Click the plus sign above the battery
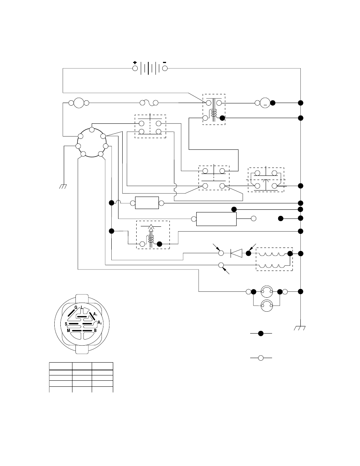(x=135, y=63)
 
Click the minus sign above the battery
(x=165, y=62)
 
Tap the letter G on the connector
(x=76, y=308)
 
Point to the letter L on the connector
(x=82, y=307)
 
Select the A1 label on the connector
(x=95, y=314)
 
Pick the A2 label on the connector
(x=100, y=322)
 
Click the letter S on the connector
(x=66, y=324)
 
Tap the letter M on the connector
(x=68, y=331)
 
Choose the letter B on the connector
(x=95, y=331)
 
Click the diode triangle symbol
(x=236, y=253)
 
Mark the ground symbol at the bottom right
(x=300, y=328)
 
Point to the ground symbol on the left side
(x=63, y=186)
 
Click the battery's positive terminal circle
(x=135, y=68)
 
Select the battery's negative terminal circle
(x=165, y=68)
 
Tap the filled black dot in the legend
(x=261, y=334)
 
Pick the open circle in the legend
(x=261, y=358)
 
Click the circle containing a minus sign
(x=265, y=103)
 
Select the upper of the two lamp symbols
(x=267, y=292)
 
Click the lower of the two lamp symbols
(x=267, y=306)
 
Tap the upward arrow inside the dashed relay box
(x=151, y=235)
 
